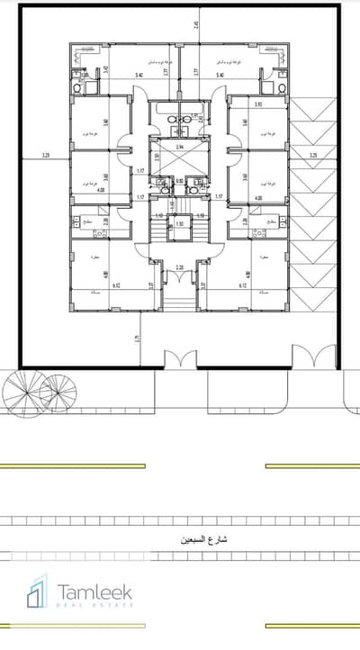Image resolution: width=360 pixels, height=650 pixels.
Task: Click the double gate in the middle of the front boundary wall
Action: coord(180,358)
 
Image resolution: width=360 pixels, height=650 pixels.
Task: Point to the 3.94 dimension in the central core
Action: coord(180,146)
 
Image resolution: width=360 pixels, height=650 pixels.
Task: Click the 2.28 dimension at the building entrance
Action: coord(180,266)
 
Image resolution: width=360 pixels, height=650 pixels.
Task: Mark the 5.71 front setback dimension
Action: coord(137,339)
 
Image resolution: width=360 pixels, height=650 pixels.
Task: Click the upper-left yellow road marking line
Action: coord(73,465)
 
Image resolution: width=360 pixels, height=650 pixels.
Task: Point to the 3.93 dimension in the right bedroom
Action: coord(258,104)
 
